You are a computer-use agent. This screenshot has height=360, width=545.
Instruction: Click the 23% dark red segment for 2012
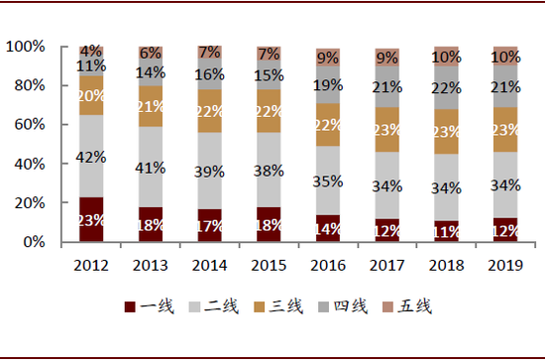coord(91,219)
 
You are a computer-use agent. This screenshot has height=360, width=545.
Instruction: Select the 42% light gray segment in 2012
coord(91,156)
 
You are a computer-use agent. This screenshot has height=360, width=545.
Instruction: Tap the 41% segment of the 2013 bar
coord(151,167)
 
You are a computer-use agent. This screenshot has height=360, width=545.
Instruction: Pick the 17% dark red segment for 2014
coord(210,225)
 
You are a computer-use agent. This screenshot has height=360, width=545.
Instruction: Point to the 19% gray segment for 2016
coord(328,85)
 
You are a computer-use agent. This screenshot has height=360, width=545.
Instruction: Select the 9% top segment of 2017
coord(387,57)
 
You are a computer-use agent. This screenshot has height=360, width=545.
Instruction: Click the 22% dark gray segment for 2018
coord(447,87)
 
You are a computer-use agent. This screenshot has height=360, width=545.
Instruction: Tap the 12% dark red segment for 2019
coord(505,230)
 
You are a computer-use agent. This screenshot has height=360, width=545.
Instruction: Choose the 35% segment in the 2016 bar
coord(328,181)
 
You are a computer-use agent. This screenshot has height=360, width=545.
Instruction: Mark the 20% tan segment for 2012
coord(91,95)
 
